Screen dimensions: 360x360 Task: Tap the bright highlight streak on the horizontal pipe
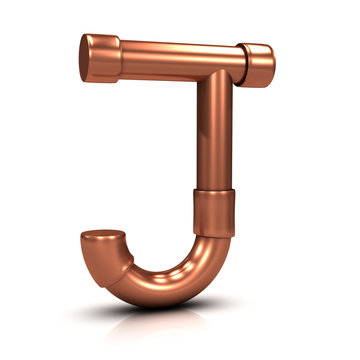coord(170,50)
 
